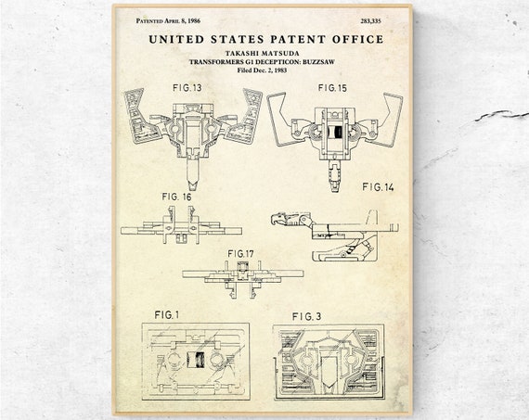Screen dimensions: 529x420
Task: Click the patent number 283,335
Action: tap(371, 21)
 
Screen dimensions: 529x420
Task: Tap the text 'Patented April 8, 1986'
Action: tap(168, 21)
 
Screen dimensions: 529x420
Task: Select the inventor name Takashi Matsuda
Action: tap(262, 53)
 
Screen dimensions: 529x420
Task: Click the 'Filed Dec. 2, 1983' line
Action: tap(262, 70)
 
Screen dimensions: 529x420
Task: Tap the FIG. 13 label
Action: tap(187, 88)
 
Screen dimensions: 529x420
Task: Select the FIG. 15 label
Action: tap(332, 88)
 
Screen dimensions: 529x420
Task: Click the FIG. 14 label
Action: tap(378, 187)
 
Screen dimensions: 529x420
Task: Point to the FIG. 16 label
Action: tap(176, 197)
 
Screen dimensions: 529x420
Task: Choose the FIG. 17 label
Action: tap(241, 253)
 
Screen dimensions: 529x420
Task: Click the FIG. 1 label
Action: tap(167, 315)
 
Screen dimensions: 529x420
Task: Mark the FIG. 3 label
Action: tap(306, 316)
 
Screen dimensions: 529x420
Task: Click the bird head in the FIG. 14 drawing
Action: tap(279, 219)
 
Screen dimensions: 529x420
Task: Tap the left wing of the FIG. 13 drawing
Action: tap(142, 116)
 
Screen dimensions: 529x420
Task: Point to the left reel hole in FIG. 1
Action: tap(173, 360)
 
